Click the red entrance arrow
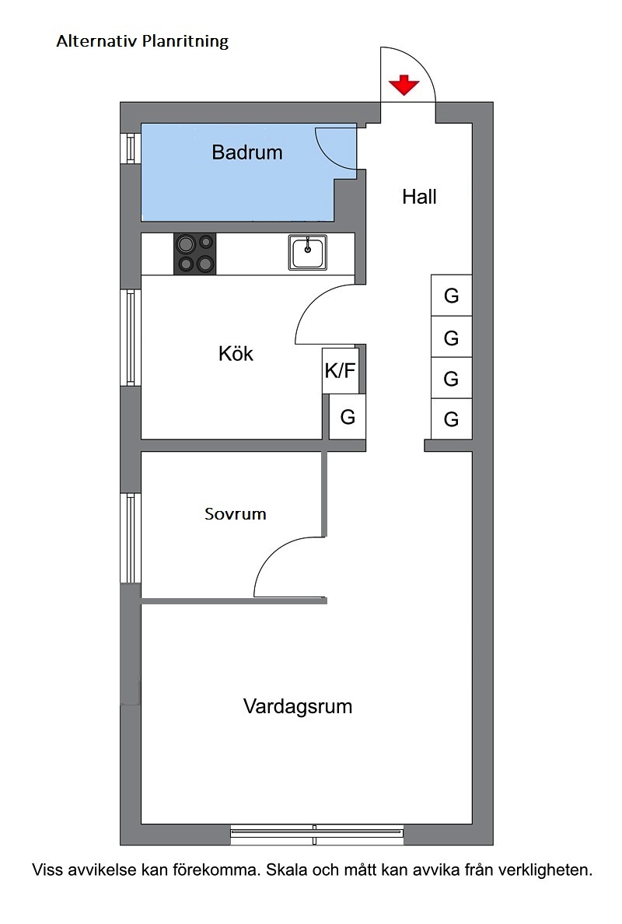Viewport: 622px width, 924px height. point(404,85)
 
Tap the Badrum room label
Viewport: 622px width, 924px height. point(247,152)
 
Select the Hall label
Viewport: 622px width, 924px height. point(419,196)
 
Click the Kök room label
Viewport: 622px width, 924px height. point(236,354)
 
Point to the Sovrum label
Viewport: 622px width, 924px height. point(235,514)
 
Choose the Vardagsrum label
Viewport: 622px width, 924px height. point(298,706)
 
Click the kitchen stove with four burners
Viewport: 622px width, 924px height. point(195,254)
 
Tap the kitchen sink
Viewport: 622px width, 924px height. point(307,252)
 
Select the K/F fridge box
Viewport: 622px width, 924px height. point(341,371)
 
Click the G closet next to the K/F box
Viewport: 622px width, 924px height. point(348,417)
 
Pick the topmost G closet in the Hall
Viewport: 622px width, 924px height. point(451,296)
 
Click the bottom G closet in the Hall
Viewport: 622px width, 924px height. point(451,419)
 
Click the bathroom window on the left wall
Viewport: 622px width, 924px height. point(131,148)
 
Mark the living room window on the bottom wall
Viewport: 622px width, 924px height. point(317,832)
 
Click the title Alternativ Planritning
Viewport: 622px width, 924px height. point(142,41)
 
